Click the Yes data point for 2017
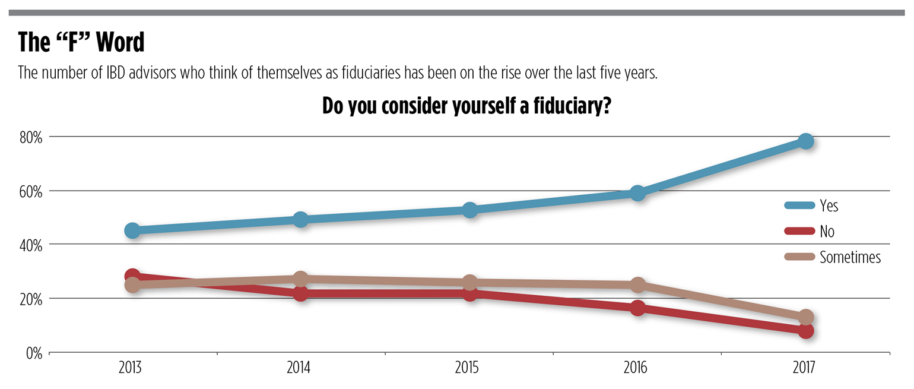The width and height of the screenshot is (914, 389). pos(805,141)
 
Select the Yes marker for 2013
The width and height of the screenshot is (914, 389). pos(132,230)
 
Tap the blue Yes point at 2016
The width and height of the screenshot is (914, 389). pos(637,193)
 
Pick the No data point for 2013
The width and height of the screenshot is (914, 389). pos(132,276)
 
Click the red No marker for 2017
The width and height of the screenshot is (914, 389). pos(805,331)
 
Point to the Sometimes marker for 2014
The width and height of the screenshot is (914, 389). pos(301,279)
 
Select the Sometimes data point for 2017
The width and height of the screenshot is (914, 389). pos(805,317)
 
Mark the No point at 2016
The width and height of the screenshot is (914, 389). pos(637,308)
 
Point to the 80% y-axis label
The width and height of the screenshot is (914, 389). pos(31,138)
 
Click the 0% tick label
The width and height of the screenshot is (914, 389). pos(33,353)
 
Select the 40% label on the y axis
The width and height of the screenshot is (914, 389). pos(31,245)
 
